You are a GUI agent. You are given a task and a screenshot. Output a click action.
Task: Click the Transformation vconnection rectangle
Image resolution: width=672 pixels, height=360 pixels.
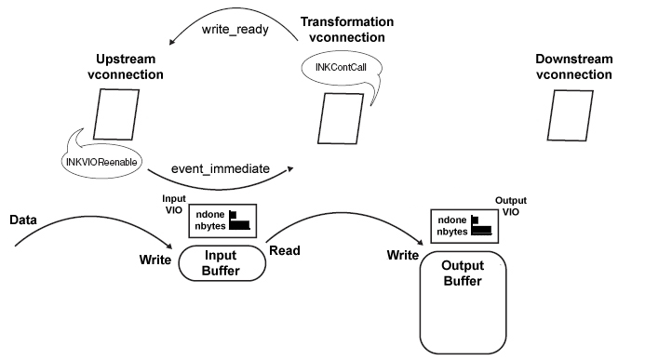pos(334,117)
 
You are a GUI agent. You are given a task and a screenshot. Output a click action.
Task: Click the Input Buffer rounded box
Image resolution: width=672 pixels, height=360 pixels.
pos(222,263)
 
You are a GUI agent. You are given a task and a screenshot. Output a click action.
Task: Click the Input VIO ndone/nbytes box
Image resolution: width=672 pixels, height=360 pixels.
pos(223,220)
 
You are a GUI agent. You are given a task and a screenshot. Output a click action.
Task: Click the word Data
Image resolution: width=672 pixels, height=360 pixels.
pos(23,220)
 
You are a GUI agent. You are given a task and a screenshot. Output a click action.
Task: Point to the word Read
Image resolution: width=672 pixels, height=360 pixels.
pos(284,250)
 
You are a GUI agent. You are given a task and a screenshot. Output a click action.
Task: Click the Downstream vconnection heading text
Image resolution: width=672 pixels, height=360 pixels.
pos(574,66)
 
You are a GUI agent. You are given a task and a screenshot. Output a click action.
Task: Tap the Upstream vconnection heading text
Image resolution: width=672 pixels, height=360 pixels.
pos(126,66)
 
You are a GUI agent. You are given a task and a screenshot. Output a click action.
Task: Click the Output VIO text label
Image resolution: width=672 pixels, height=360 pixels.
pos(510,205)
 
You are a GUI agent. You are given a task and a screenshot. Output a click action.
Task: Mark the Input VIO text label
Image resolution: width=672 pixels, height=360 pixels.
pos(174,204)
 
